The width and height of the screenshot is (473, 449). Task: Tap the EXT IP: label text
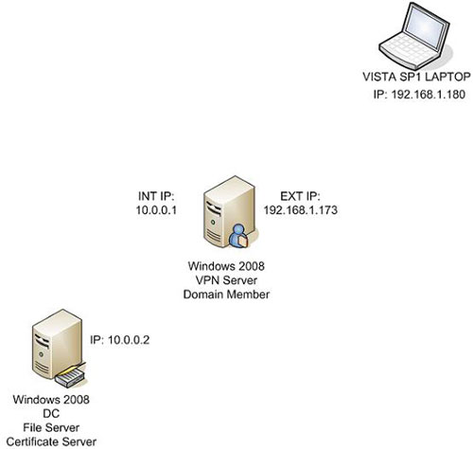coord(294,197)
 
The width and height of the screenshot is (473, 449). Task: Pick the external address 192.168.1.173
coord(294,213)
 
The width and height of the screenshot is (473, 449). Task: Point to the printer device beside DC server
coord(68,376)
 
